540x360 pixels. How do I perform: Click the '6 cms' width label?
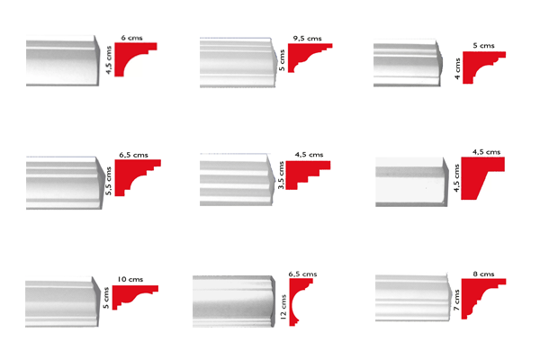pyautogui.click(x=131, y=38)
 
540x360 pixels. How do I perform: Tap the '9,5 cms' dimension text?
pyautogui.click(x=307, y=38)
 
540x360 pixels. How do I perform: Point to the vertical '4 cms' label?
pyautogui.click(x=457, y=69)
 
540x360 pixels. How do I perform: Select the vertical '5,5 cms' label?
pyautogui.click(x=109, y=181)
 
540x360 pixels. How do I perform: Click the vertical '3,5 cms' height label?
pyautogui.click(x=281, y=175)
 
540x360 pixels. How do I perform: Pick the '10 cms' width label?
pyautogui.click(x=130, y=279)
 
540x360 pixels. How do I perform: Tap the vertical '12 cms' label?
pyautogui.click(x=283, y=307)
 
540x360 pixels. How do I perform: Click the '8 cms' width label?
pyautogui.click(x=483, y=274)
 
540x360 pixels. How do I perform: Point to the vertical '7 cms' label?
pyautogui.click(x=456, y=300)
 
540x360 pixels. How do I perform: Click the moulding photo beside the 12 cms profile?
pyautogui.click(x=234, y=301)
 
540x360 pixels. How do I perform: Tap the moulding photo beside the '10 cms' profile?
pyautogui.click(x=62, y=301)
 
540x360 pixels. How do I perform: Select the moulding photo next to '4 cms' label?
pyautogui.click(x=408, y=63)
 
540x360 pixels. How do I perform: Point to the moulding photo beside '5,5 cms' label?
pyautogui.click(x=65, y=183)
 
